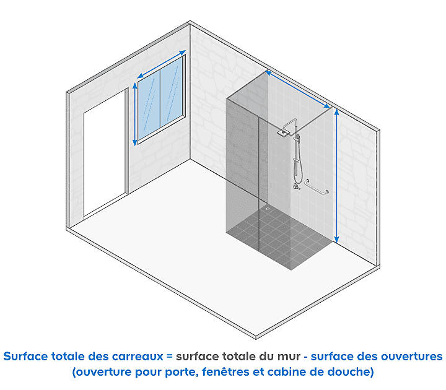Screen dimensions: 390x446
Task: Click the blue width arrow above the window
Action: [161, 64]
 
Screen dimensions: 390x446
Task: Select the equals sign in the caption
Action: [169, 357]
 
